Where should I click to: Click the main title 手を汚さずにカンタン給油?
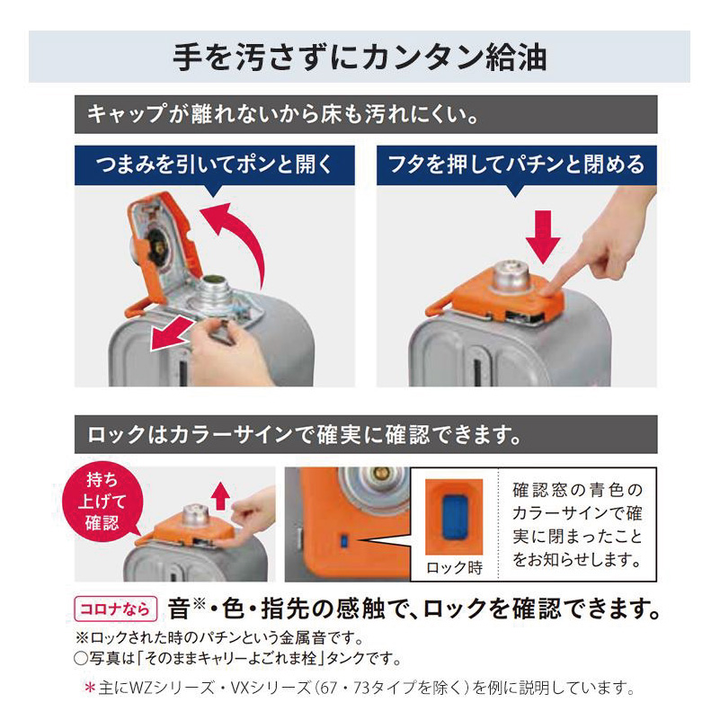[x=360, y=57]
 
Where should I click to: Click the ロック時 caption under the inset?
[x=454, y=567]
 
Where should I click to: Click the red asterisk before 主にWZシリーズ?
[x=89, y=690]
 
